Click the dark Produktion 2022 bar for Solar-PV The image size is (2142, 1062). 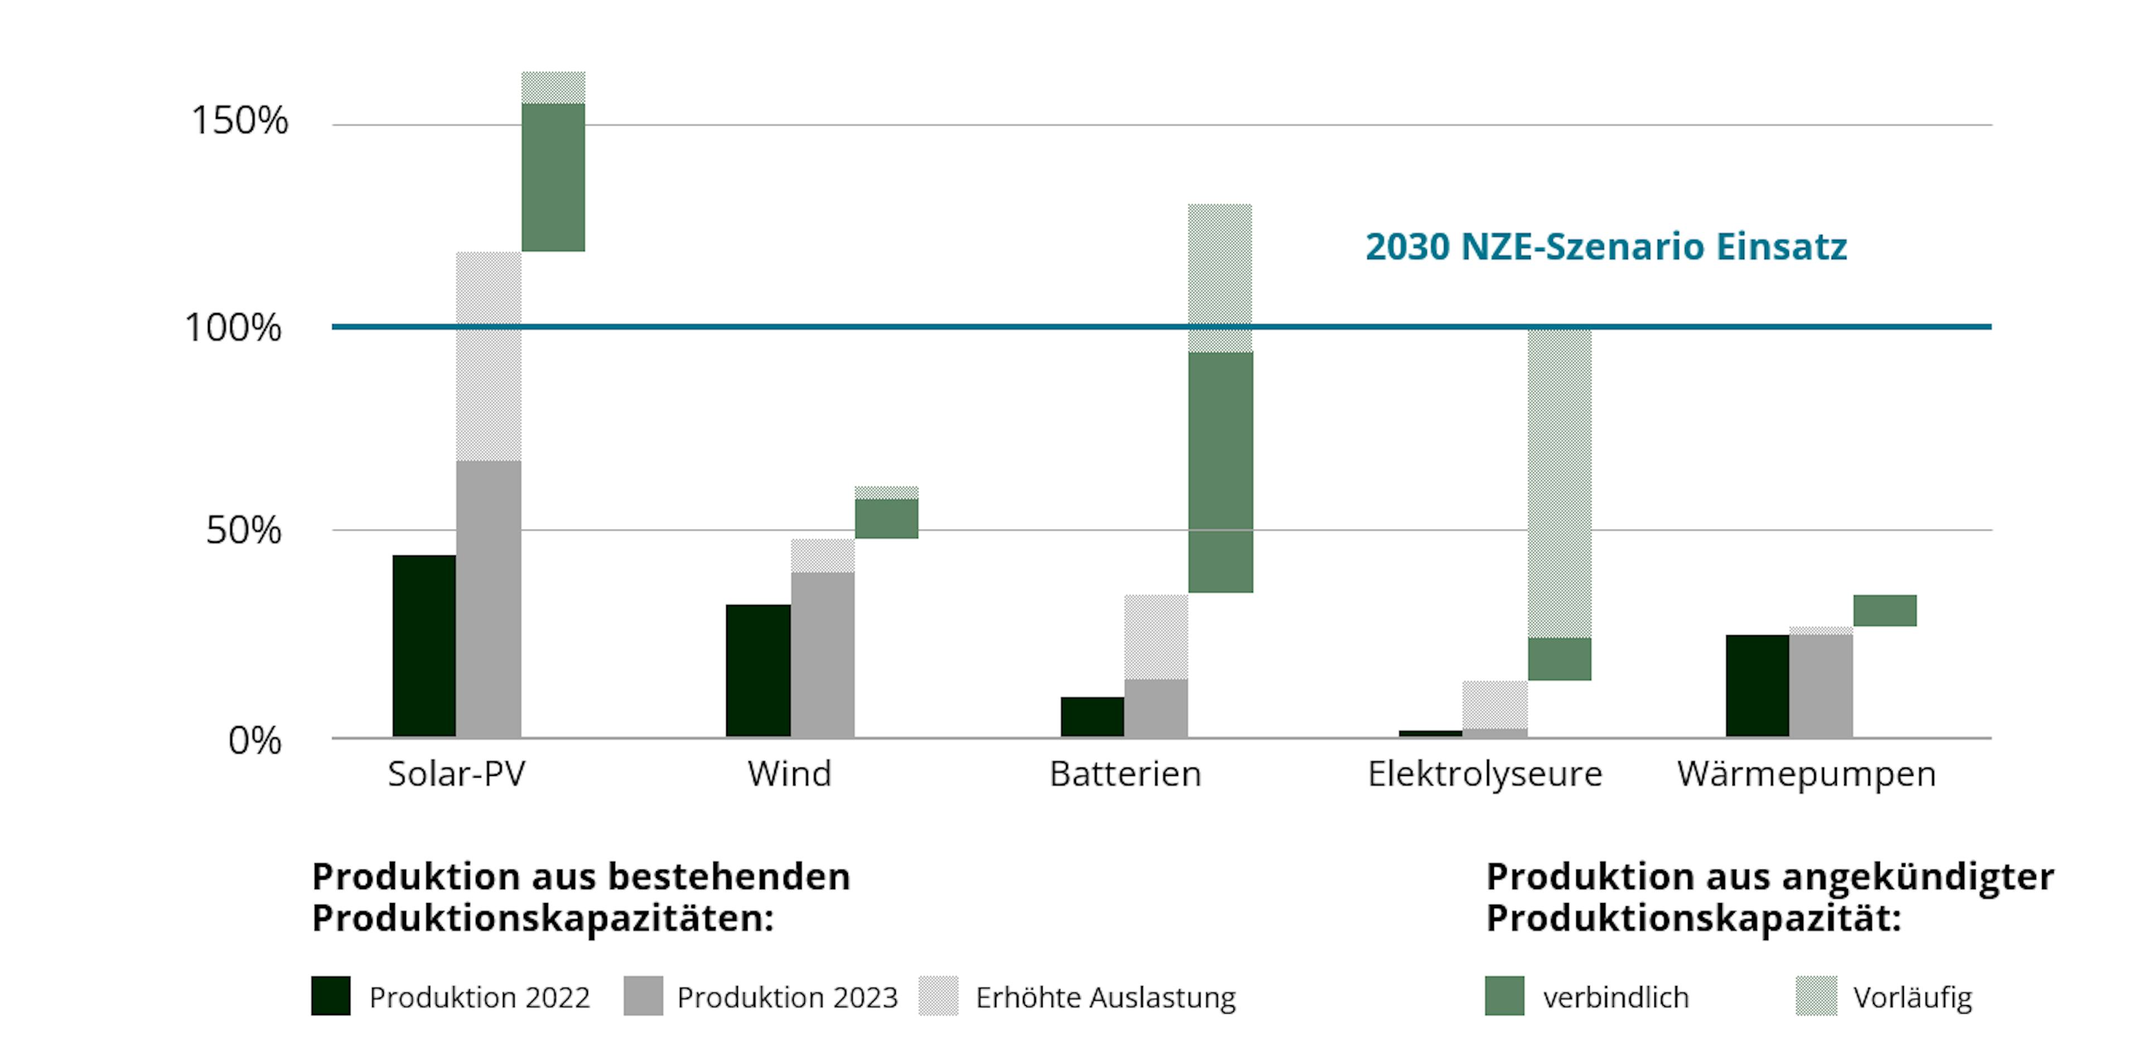pyautogui.click(x=424, y=645)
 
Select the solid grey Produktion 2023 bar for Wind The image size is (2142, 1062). pyautogui.click(x=822, y=654)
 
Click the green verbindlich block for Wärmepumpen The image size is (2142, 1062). pyautogui.click(x=1885, y=610)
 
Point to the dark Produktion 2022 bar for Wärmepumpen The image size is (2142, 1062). pyautogui.click(x=1757, y=686)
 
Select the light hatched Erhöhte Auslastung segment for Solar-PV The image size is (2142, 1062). pyautogui.click(x=489, y=356)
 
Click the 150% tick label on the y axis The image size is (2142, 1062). pyautogui.click(x=239, y=120)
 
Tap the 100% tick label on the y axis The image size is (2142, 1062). pyautogui.click(x=233, y=327)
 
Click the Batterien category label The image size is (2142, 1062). pyautogui.click(x=1125, y=774)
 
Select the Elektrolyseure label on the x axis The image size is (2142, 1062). pyautogui.click(x=1485, y=774)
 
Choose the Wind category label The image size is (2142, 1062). pyautogui.click(x=789, y=774)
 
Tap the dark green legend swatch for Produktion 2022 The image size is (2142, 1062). pyautogui.click(x=331, y=996)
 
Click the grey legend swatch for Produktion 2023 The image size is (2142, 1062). pyautogui.click(x=643, y=996)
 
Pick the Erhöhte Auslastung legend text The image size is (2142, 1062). pyautogui.click(x=1105, y=997)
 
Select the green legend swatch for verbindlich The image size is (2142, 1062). pyautogui.click(x=1504, y=996)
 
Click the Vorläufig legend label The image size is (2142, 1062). pyautogui.click(x=1913, y=997)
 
